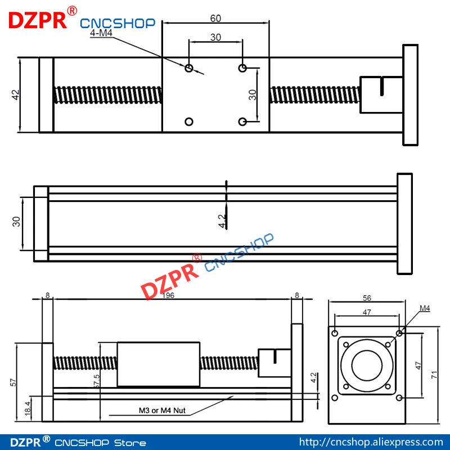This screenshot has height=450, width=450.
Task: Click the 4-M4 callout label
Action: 101,33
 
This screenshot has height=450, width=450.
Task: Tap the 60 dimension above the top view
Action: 215,19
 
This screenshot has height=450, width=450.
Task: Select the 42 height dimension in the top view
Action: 16,94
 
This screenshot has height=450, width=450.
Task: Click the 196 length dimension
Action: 168,295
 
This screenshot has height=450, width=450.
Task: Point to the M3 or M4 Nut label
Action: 162,411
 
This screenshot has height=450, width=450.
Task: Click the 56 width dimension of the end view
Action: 367,298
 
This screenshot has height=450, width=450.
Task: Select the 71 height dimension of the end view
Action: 434,375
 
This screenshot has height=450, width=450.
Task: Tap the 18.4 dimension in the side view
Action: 28,408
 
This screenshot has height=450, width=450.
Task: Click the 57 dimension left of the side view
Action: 13,382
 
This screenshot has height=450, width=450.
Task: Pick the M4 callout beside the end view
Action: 425,308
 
